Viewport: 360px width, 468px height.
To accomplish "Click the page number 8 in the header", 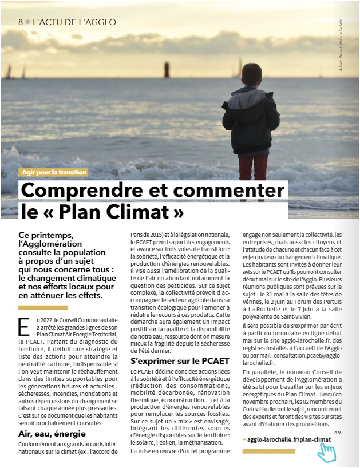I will [x=21, y=22].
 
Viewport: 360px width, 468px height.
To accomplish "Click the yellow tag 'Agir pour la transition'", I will [x=53, y=172].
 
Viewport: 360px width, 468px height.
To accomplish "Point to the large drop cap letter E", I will [x=23, y=325].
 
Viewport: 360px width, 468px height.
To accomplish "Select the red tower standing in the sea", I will [x=167, y=69].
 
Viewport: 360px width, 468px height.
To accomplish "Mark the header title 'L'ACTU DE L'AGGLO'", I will [x=74, y=22].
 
